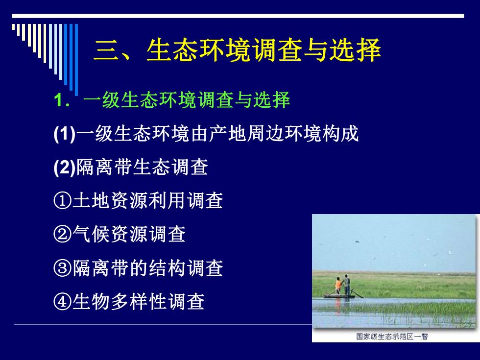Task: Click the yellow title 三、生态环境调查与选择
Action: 237,50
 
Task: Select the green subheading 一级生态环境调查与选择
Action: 187,100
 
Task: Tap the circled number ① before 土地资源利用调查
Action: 63,201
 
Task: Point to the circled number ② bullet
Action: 63,235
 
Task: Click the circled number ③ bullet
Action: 63,268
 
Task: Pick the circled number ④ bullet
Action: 63,302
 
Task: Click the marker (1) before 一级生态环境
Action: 65,134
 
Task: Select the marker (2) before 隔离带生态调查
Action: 65,168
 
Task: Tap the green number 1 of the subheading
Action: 58,100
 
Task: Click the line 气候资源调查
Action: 129,235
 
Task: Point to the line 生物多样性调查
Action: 138,302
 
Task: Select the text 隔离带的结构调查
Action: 147,268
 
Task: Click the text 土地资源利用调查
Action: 147,201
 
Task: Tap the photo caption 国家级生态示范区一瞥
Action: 392,336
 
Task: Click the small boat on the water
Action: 339,296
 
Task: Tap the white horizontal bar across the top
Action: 238,16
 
